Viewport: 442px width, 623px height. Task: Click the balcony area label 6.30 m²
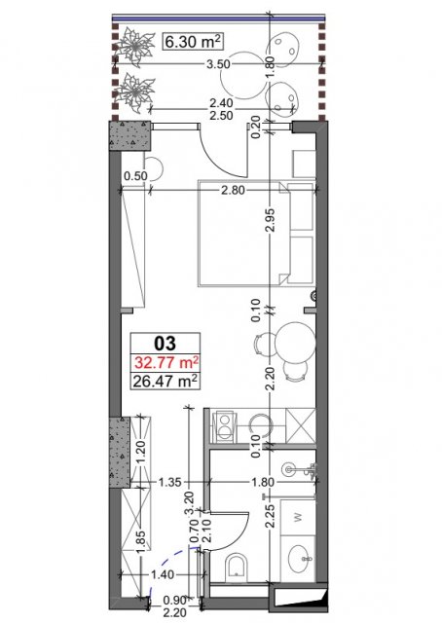pyautogui.click(x=193, y=42)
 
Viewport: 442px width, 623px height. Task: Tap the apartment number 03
pyautogui.click(x=166, y=343)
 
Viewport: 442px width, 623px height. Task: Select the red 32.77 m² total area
pyautogui.click(x=166, y=363)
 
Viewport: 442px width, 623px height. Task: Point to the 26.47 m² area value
pyautogui.click(x=166, y=382)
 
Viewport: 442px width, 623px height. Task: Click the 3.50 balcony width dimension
pyautogui.click(x=219, y=64)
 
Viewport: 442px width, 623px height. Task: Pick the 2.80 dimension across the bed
pyautogui.click(x=233, y=191)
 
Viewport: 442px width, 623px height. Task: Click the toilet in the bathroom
pyautogui.click(x=237, y=566)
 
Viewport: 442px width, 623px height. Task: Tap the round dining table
pyautogui.click(x=296, y=343)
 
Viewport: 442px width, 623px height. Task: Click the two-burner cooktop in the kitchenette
pyautogui.click(x=225, y=427)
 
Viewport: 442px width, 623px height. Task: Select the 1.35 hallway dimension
pyautogui.click(x=169, y=483)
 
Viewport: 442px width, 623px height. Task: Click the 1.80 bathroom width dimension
pyautogui.click(x=263, y=482)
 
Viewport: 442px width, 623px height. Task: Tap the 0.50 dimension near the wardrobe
pyautogui.click(x=135, y=175)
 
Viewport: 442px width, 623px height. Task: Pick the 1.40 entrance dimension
pyautogui.click(x=163, y=574)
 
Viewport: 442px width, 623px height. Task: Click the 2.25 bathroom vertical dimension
pyautogui.click(x=271, y=516)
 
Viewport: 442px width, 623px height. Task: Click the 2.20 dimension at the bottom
pyautogui.click(x=173, y=613)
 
